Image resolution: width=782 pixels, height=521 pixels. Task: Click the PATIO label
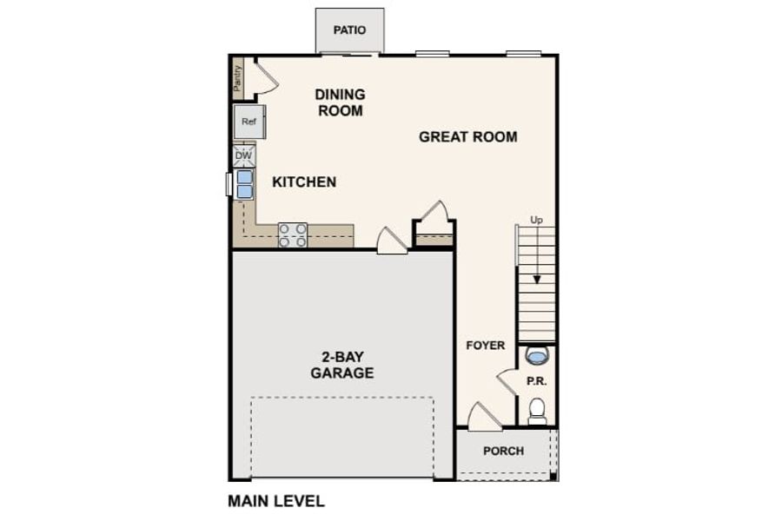click(349, 30)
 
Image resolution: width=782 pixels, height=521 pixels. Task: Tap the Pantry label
click(238, 78)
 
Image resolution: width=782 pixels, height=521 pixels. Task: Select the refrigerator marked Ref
click(249, 122)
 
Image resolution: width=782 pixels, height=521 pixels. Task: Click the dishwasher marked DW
click(244, 155)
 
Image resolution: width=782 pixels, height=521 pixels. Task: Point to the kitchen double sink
click(244, 184)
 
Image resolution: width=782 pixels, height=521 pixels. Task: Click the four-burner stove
click(293, 235)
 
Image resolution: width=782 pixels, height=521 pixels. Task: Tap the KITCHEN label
click(304, 182)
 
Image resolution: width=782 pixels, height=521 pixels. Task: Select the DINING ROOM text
click(340, 102)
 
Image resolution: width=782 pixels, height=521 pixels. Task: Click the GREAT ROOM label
click(467, 136)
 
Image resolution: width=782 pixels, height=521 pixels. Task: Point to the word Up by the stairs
click(536, 220)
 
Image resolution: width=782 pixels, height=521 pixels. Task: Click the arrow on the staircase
click(537, 254)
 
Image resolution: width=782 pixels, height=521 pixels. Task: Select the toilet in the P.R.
click(537, 411)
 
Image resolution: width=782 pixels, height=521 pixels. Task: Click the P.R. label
click(537, 381)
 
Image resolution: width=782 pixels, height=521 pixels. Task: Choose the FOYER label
click(485, 345)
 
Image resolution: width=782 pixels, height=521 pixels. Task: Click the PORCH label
click(504, 451)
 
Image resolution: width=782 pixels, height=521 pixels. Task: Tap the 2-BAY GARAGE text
click(342, 365)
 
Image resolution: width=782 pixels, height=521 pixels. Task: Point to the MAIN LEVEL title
click(276, 500)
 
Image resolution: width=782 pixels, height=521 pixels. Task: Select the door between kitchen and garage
click(392, 241)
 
